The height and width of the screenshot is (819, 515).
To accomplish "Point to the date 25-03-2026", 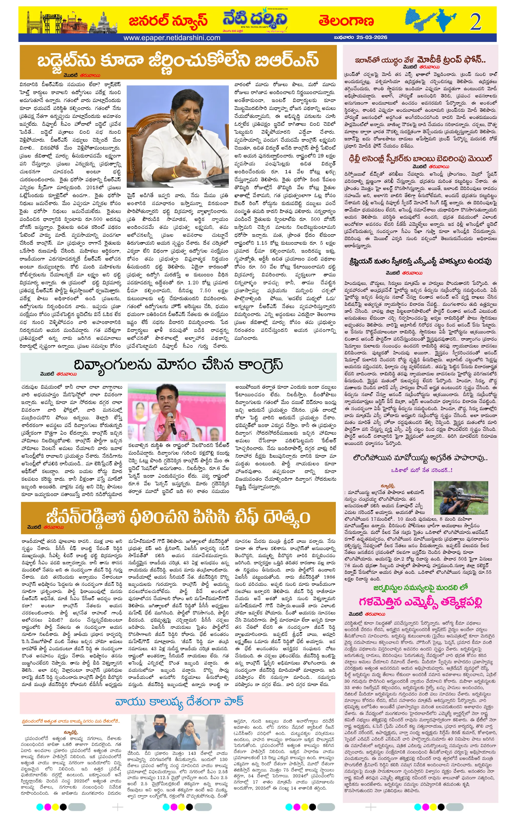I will tap(371, 37).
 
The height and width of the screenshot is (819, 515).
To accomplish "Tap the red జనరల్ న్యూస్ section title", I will tap(168, 21).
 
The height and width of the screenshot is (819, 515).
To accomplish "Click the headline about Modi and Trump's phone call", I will tap(420, 60).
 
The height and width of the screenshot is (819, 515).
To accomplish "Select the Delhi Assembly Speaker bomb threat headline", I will tap(420, 159).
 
